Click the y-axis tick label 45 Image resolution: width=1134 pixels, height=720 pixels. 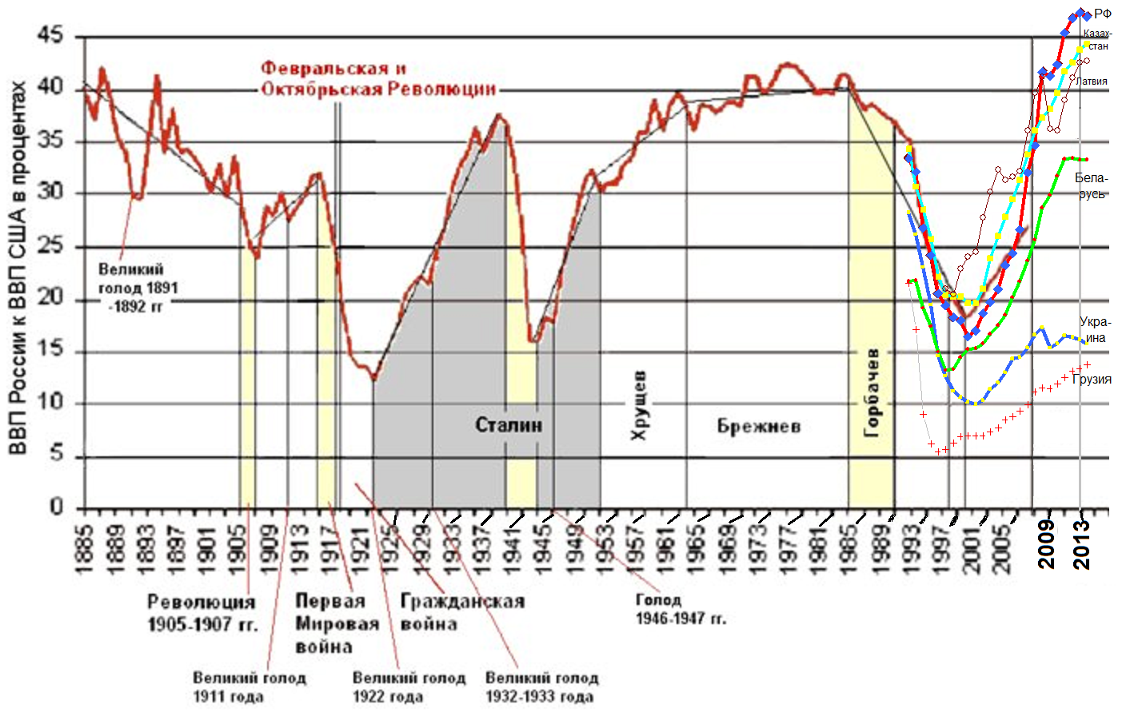point(50,36)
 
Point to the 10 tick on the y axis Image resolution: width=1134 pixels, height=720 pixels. point(50,402)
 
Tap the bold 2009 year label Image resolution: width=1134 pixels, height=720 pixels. point(1046,544)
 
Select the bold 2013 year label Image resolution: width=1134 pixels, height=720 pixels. point(1081,544)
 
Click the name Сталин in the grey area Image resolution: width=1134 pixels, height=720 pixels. point(509,424)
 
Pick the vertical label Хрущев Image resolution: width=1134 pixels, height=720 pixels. point(639,405)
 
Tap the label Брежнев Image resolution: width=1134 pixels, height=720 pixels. point(758,426)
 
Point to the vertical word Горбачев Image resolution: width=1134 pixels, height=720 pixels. point(872,392)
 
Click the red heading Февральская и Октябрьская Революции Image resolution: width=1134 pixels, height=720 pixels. point(379,78)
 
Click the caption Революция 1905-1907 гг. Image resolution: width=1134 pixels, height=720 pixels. point(202,613)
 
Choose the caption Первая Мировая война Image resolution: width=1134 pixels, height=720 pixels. point(336,623)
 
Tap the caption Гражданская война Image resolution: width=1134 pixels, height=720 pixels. point(462,612)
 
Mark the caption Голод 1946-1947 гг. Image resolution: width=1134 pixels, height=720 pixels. point(680,609)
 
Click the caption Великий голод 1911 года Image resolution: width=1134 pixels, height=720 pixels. point(249,687)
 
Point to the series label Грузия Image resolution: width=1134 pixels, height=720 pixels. point(1092,380)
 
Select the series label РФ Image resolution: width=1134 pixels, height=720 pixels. point(1103,14)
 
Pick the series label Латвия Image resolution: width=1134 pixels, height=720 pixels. point(1092,81)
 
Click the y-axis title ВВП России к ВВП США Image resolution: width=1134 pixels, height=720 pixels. point(18,268)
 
